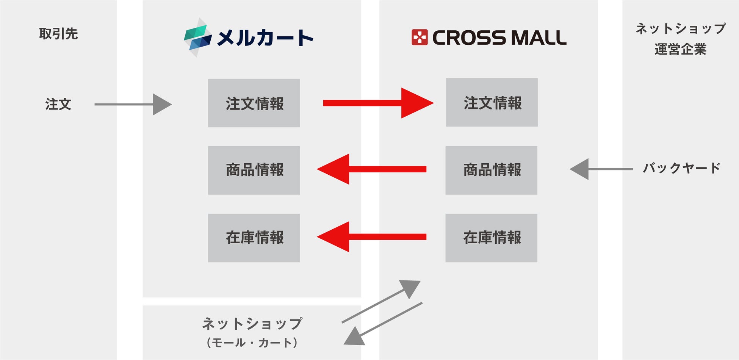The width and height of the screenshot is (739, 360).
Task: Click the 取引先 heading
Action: click(58, 34)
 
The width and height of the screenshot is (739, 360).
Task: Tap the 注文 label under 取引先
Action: click(58, 104)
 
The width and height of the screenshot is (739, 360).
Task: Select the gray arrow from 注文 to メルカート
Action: click(133, 104)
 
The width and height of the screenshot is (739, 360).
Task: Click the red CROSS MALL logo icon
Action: click(420, 37)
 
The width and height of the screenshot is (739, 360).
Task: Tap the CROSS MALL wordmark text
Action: click(499, 38)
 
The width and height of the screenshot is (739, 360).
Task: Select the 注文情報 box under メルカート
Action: click(254, 103)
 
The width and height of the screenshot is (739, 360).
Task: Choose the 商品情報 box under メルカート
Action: click(254, 170)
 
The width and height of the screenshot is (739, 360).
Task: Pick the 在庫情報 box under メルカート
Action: click(254, 238)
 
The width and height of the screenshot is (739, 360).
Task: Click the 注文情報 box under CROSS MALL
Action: click(492, 102)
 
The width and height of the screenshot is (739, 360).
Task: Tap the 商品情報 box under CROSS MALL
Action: click(492, 170)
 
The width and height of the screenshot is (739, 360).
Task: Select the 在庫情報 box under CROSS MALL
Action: click(492, 238)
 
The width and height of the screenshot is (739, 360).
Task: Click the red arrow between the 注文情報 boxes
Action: click(378, 103)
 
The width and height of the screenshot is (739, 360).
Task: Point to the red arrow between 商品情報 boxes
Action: click(371, 169)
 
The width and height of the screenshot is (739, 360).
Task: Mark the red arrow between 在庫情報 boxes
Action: click(371, 237)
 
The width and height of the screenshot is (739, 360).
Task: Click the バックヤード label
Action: click(681, 168)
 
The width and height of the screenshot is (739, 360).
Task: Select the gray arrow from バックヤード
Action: click(601, 169)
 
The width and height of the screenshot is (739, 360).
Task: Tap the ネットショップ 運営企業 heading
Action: click(681, 39)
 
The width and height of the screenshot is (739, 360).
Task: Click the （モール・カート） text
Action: click(252, 343)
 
